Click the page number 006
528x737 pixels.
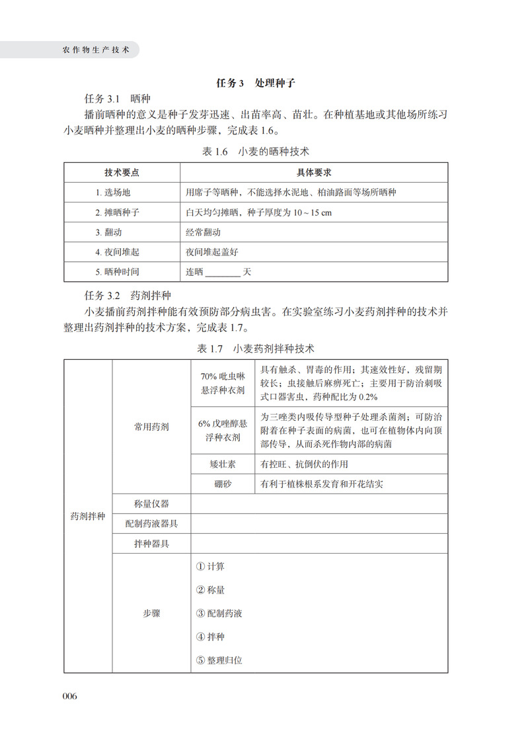click(x=69, y=696)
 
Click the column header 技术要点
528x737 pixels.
click(x=122, y=173)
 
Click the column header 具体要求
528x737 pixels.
click(x=313, y=173)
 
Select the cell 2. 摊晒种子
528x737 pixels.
click(x=117, y=212)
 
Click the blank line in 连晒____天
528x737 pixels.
click(x=223, y=272)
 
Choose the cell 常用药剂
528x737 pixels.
click(x=151, y=427)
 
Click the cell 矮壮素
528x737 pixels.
click(x=223, y=464)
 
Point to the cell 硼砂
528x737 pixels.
click(x=223, y=484)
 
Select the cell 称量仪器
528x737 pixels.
click(x=151, y=503)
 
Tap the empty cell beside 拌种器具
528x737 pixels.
click(x=319, y=544)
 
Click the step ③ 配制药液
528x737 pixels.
click(x=219, y=613)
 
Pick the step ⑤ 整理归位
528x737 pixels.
click(x=219, y=660)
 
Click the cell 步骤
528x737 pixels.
click(x=151, y=613)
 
